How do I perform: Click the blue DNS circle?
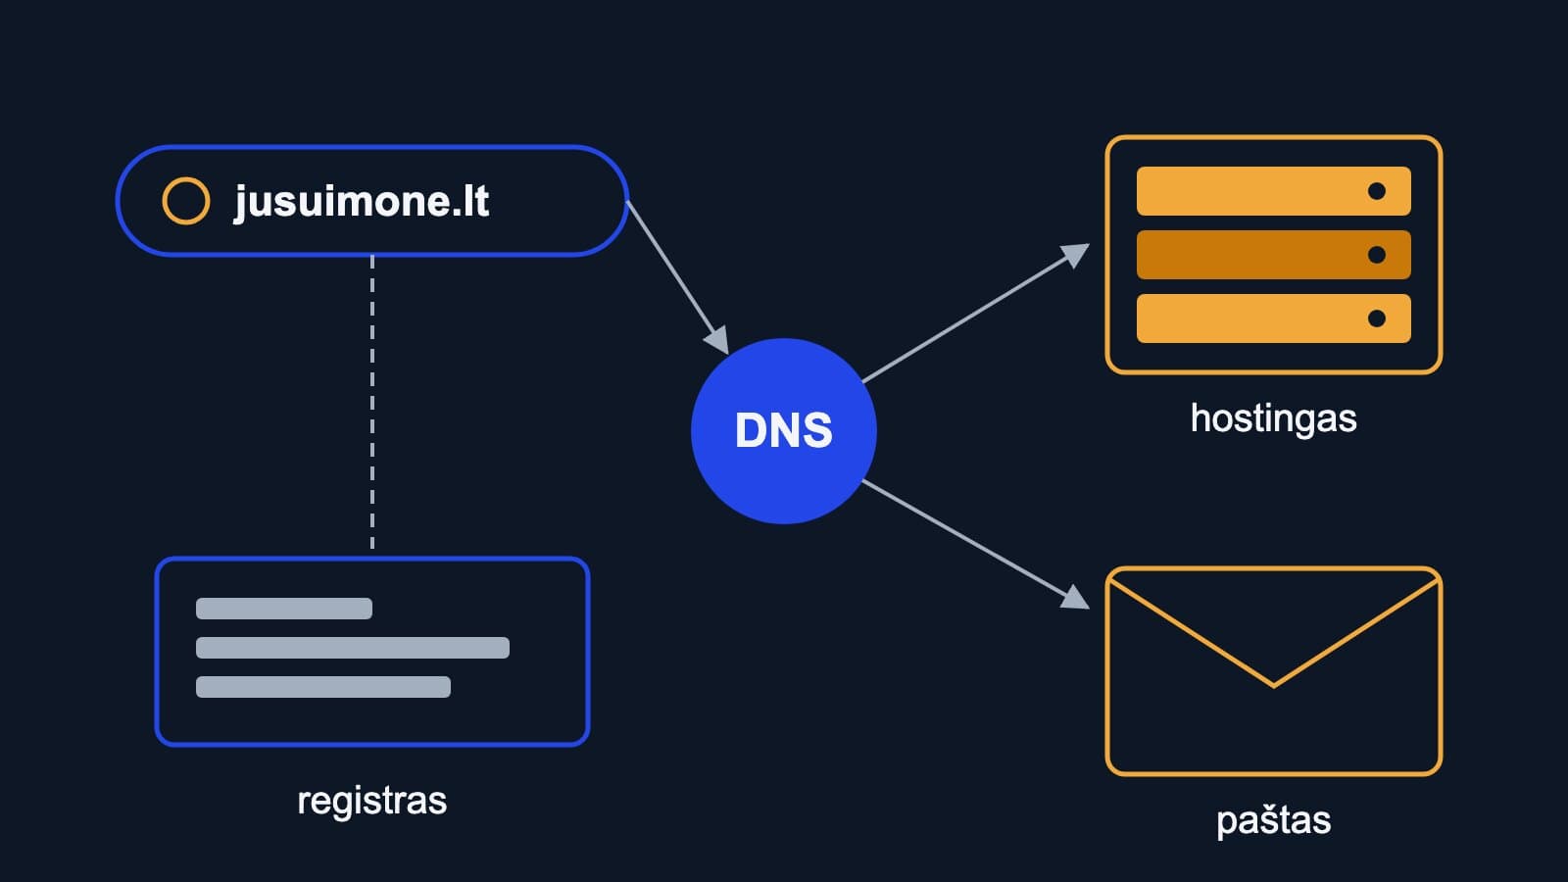pyautogui.click(x=783, y=430)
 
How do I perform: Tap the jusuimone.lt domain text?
pyautogui.click(x=362, y=202)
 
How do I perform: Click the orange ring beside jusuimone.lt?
pyautogui.click(x=185, y=201)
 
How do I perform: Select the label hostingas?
pyautogui.click(x=1273, y=419)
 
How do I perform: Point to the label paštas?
pyautogui.click(x=1273, y=820)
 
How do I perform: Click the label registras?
pyautogui.click(x=371, y=801)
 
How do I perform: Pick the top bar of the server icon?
pyautogui.click(x=1273, y=191)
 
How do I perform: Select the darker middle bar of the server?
pyautogui.click(x=1273, y=255)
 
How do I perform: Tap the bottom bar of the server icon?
pyautogui.click(x=1273, y=318)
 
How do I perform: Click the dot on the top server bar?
pyautogui.click(x=1376, y=191)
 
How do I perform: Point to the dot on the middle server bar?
pyautogui.click(x=1376, y=255)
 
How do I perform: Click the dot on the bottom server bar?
pyautogui.click(x=1376, y=318)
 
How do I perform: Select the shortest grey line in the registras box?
pyautogui.click(x=283, y=609)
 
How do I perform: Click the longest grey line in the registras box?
pyautogui.click(x=352, y=648)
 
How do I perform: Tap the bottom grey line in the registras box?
pyautogui.click(x=322, y=687)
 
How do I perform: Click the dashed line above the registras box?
pyautogui.click(x=371, y=402)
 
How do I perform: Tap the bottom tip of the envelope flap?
pyautogui.click(x=1273, y=685)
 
